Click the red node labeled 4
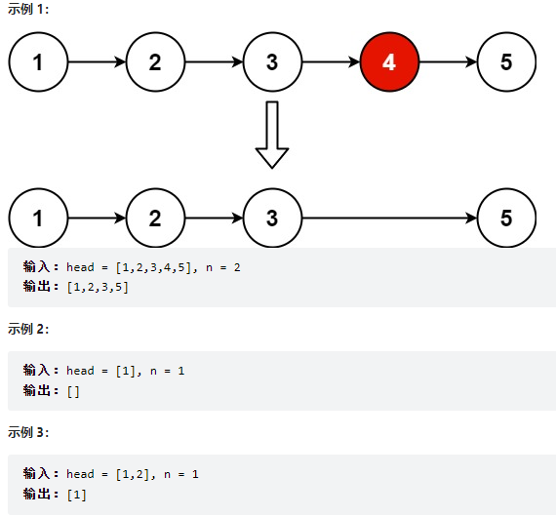click(x=389, y=62)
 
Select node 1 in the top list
click(x=38, y=62)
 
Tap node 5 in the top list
click(x=506, y=62)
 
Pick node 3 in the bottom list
click(x=272, y=218)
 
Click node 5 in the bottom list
click(x=506, y=218)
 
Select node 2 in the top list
click(x=155, y=62)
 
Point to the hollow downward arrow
click(x=272, y=135)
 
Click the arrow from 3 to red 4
click(x=331, y=62)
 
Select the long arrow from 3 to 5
click(x=389, y=218)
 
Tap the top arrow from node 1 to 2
click(x=97, y=62)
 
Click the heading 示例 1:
click(x=28, y=9)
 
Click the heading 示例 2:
click(x=28, y=329)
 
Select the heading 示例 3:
click(x=28, y=432)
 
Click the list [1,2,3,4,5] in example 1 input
click(x=154, y=267)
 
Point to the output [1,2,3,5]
click(x=98, y=287)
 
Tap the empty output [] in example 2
click(x=73, y=391)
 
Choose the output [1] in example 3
click(x=77, y=495)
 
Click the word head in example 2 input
click(x=81, y=371)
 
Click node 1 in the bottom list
click(x=38, y=218)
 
